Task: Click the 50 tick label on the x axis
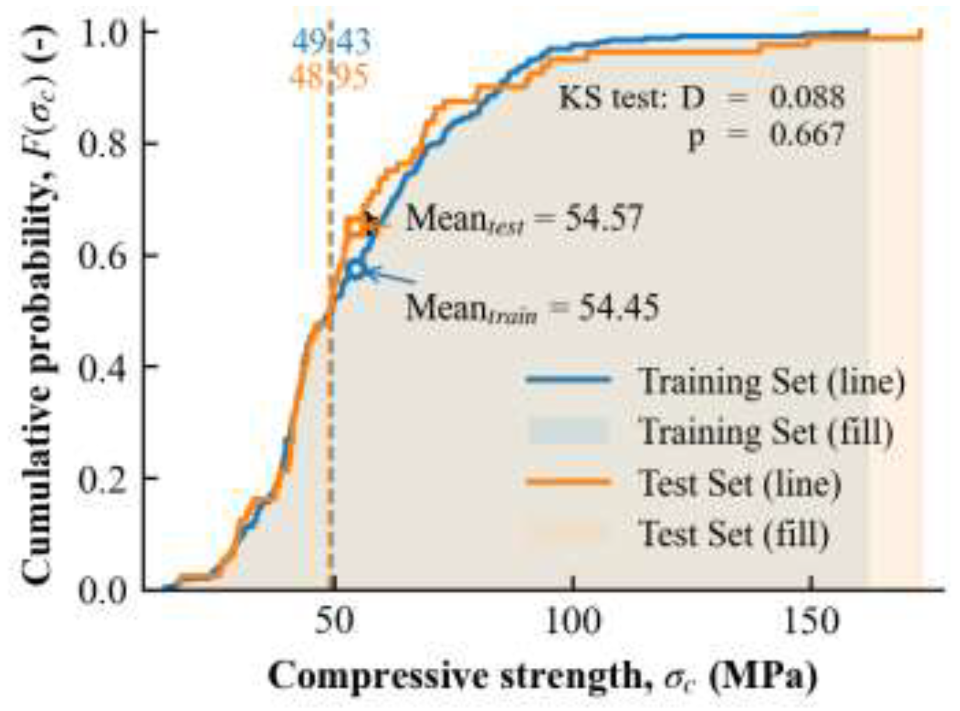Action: [x=333, y=621]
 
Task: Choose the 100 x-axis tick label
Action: [x=572, y=621]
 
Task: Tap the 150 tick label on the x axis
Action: [x=811, y=621]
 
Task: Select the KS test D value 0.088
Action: [x=807, y=97]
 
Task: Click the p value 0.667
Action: [x=807, y=135]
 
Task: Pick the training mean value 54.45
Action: [x=618, y=307]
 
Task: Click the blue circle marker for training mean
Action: [x=357, y=269]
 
